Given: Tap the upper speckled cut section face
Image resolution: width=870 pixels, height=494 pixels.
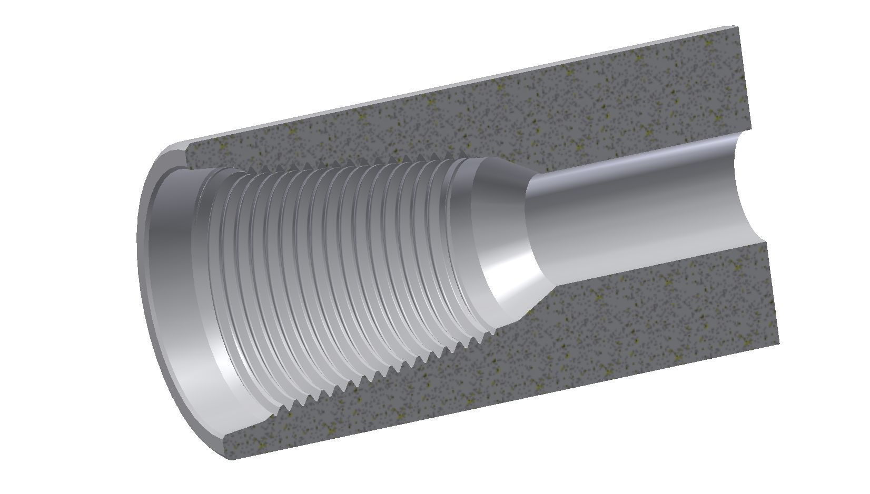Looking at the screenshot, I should (x=474, y=116).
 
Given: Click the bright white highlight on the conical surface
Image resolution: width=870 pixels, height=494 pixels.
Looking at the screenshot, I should (x=513, y=263).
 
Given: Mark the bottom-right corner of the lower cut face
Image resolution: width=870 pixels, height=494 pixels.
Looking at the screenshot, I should (x=779, y=345).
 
